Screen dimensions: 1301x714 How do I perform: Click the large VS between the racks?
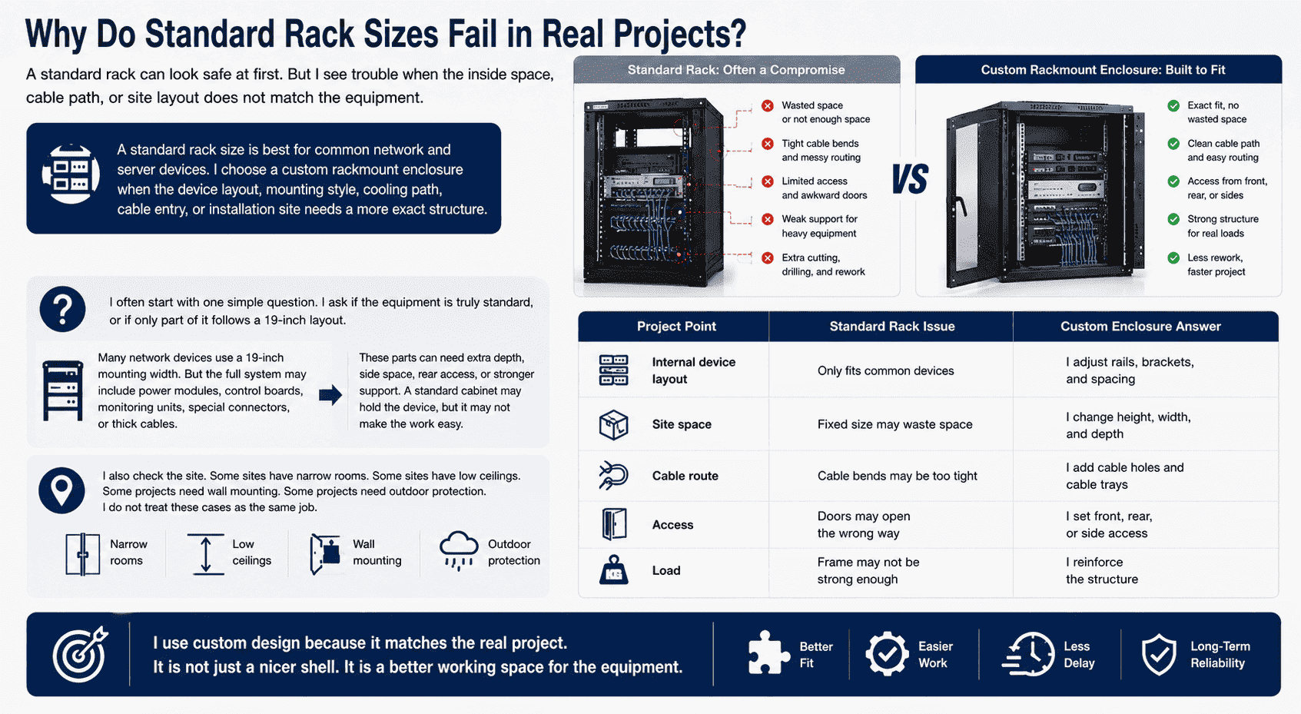910,179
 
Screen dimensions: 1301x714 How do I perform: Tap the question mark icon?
63,308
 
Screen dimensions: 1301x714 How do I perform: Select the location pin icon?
61,490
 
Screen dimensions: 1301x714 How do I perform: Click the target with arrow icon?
80,654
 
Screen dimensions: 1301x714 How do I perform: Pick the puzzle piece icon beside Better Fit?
768,653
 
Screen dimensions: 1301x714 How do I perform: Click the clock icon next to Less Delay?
1029,654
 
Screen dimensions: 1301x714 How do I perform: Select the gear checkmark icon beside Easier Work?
887,654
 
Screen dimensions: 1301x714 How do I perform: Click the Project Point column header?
676,327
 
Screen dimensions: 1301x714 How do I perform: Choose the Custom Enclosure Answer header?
1140,327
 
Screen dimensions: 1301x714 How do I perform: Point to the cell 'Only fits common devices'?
885,370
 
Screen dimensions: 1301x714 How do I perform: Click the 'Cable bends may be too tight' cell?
898,476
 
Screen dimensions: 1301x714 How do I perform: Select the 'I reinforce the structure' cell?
1101,570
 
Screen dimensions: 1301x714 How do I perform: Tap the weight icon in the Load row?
613,570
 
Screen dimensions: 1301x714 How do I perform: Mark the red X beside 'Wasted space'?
768,106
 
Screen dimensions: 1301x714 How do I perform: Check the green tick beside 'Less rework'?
1173,258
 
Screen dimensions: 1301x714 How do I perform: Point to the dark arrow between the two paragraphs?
330,395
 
